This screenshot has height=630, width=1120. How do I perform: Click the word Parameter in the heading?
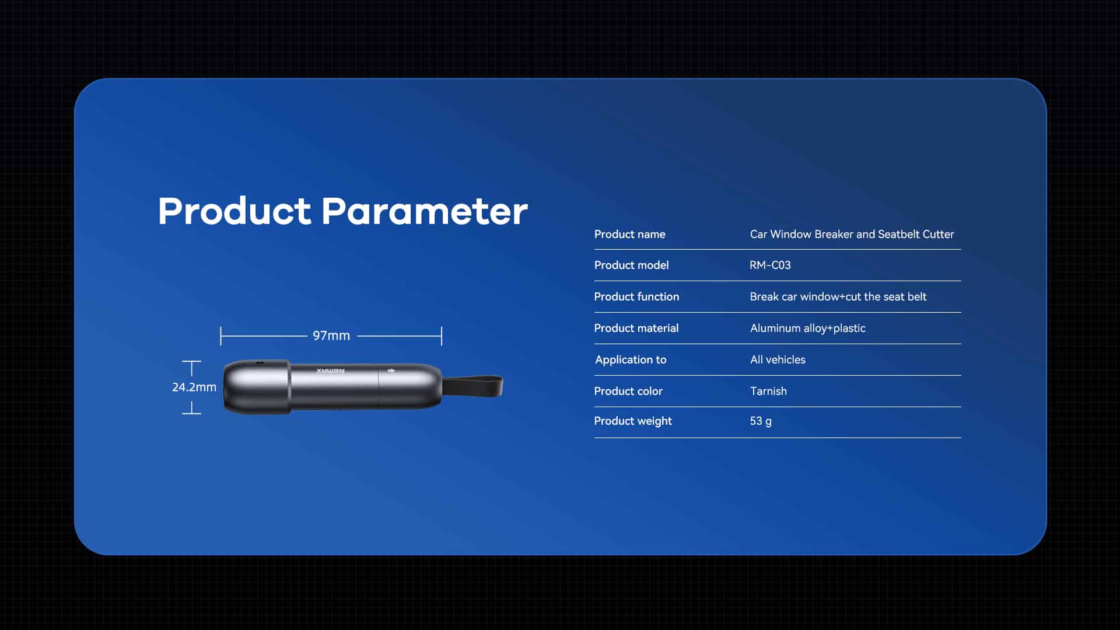click(425, 211)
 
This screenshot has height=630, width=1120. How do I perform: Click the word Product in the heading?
click(235, 211)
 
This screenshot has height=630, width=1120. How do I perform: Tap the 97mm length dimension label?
click(331, 335)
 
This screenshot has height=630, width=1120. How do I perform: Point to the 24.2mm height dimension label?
click(194, 387)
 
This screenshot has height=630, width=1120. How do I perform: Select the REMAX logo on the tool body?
click(331, 370)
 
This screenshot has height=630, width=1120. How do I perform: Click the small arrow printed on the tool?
click(391, 370)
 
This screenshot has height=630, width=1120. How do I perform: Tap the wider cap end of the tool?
click(257, 387)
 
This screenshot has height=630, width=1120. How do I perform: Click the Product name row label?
click(629, 234)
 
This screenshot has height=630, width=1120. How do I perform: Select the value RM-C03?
click(770, 265)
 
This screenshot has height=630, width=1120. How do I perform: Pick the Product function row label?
click(636, 296)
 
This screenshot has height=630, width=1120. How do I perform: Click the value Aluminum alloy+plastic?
click(808, 328)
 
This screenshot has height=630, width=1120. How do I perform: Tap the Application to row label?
click(631, 359)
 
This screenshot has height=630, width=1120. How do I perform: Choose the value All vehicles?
click(778, 359)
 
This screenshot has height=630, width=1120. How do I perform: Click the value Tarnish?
click(768, 391)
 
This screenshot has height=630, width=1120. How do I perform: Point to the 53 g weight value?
click(761, 421)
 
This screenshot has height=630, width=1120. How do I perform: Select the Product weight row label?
click(633, 421)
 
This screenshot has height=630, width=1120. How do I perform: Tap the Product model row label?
click(631, 265)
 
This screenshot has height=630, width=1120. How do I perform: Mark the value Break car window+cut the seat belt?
click(838, 296)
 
